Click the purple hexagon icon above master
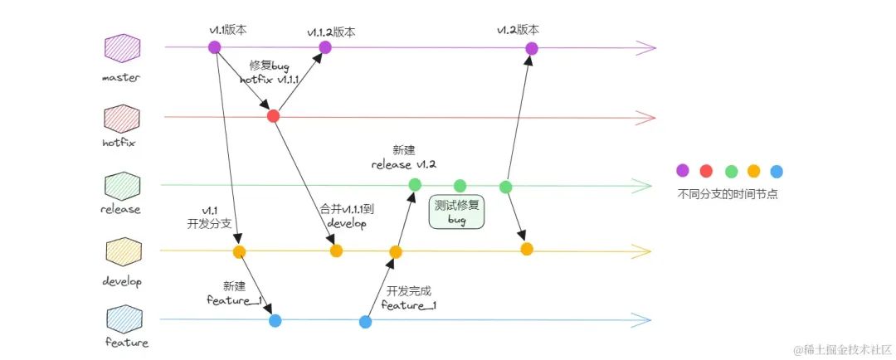[122, 48]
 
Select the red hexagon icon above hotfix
[122, 119]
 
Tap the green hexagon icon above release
[122, 187]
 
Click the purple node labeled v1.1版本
[215, 47]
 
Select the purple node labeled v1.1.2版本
[324, 47]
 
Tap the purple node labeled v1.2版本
[532, 49]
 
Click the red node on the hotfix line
[273, 117]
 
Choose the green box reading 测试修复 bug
[457, 212]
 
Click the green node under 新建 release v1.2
[416, 185]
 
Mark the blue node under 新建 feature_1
[275, 320]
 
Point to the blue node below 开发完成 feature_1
[365, 322]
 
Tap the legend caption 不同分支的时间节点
[728, 194]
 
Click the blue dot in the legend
[776, 171]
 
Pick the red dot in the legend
[706, 170]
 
